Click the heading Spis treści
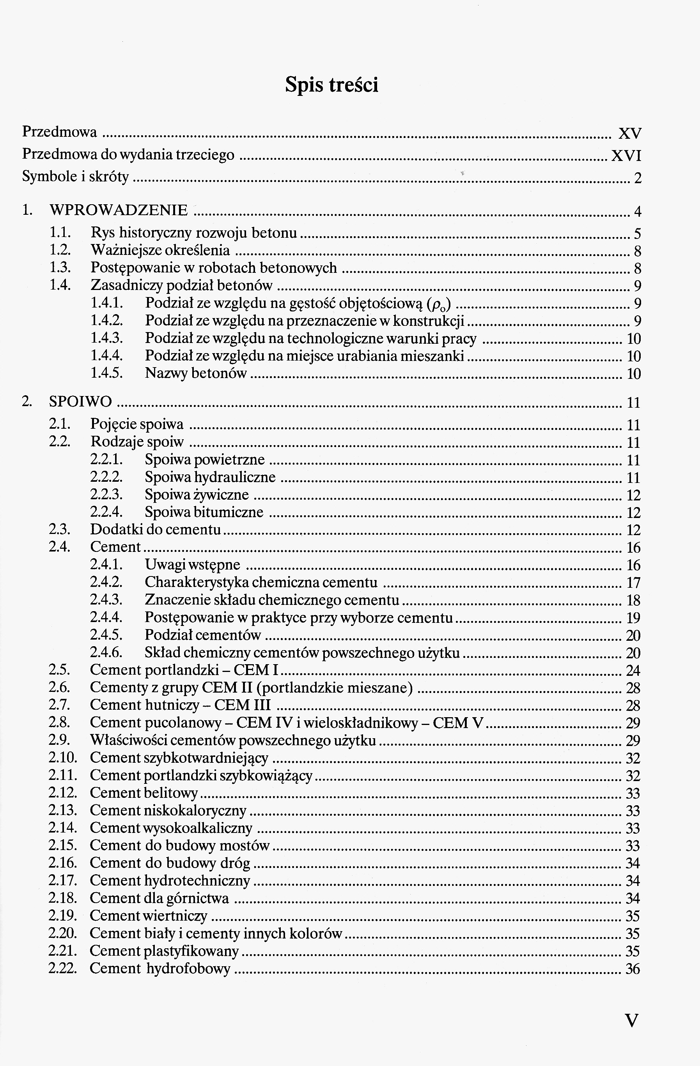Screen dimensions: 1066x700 [331, 85]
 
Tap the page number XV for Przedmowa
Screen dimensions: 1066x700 [630, 133]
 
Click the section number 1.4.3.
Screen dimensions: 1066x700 [107, 339]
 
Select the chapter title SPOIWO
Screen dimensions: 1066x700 [81, 402]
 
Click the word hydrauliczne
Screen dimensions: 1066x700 [236, 477]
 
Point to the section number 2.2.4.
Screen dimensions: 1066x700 [107, 512]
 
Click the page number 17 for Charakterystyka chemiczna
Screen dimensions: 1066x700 [633, 583]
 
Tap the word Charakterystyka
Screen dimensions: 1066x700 [196, 582]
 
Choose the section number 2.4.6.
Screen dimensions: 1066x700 [107, 652]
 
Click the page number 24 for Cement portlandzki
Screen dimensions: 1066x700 [633, 670]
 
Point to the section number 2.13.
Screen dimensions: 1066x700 [63, 810]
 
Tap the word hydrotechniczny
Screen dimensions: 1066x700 [197, 880]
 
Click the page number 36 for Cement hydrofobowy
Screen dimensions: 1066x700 [633, 969]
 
